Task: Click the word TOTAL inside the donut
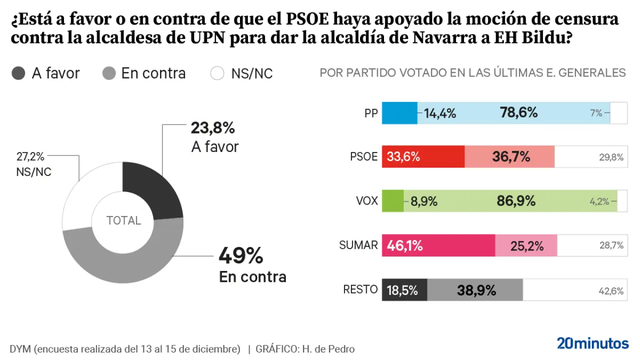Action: tap(123, 220)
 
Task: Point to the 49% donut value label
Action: tap(240, 256)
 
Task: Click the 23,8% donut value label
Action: tap(212, 128)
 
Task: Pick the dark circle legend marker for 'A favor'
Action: tap(18, 73)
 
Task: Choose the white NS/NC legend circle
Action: tap(217, 73)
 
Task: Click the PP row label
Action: tap(370, 113)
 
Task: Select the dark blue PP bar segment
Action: tap(399, 113)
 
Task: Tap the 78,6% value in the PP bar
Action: tap(518, 113)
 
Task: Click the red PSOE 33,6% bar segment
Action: tap(423, 157)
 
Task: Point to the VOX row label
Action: tap(366, 201)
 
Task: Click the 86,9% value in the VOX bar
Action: tap(516, 201)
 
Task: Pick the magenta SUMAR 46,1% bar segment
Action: tap(438, 245)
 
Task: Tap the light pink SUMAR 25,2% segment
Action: tap(526, 245)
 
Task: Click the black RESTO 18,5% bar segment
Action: tap(404, 290)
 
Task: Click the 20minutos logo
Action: tap(592, 343)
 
